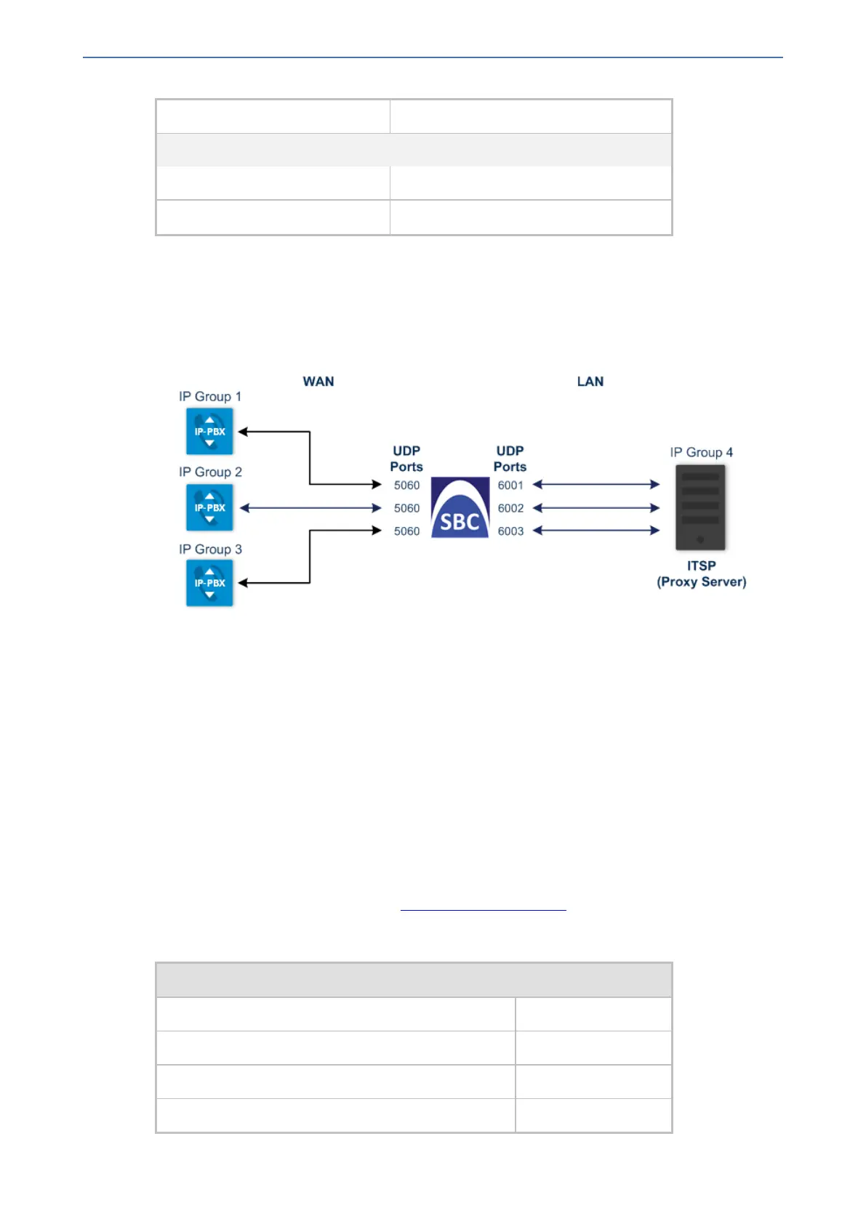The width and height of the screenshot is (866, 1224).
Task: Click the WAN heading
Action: click(x=318, y=382)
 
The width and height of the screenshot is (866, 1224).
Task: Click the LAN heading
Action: click(x=590, y=382)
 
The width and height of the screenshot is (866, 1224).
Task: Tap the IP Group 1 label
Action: click(x=209, y=397)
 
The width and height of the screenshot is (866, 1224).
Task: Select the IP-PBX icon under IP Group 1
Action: click(x=209, y=431)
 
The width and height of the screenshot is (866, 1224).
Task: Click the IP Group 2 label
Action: click(x=210, y=472)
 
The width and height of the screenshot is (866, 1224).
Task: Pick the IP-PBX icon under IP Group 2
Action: click(x=209, y=507)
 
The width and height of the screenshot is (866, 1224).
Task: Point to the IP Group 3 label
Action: click(x=210, y=549)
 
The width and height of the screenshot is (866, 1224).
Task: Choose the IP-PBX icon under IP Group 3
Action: click(x=209, y=583)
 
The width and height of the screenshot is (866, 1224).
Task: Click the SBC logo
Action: click(x=460, y=508)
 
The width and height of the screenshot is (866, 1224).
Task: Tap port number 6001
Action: click(x=510, y=486)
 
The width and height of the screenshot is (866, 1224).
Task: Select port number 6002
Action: click(x=510, y=509)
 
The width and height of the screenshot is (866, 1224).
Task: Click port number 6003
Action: click(x=510, y=531)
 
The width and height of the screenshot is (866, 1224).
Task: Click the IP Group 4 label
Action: click(x=701, y=453)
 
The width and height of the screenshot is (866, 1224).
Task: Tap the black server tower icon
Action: click(x=700, y=507)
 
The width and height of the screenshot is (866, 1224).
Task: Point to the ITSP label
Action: click(x=701, y=565)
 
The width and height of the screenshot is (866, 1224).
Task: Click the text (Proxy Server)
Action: click(x=701, y=582)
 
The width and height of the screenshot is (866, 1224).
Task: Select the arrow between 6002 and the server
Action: click(x=596, y=508)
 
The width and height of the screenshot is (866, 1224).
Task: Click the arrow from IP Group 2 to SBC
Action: click(x=310, y=508)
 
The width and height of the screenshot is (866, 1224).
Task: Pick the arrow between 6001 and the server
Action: click(x=596, y=484)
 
